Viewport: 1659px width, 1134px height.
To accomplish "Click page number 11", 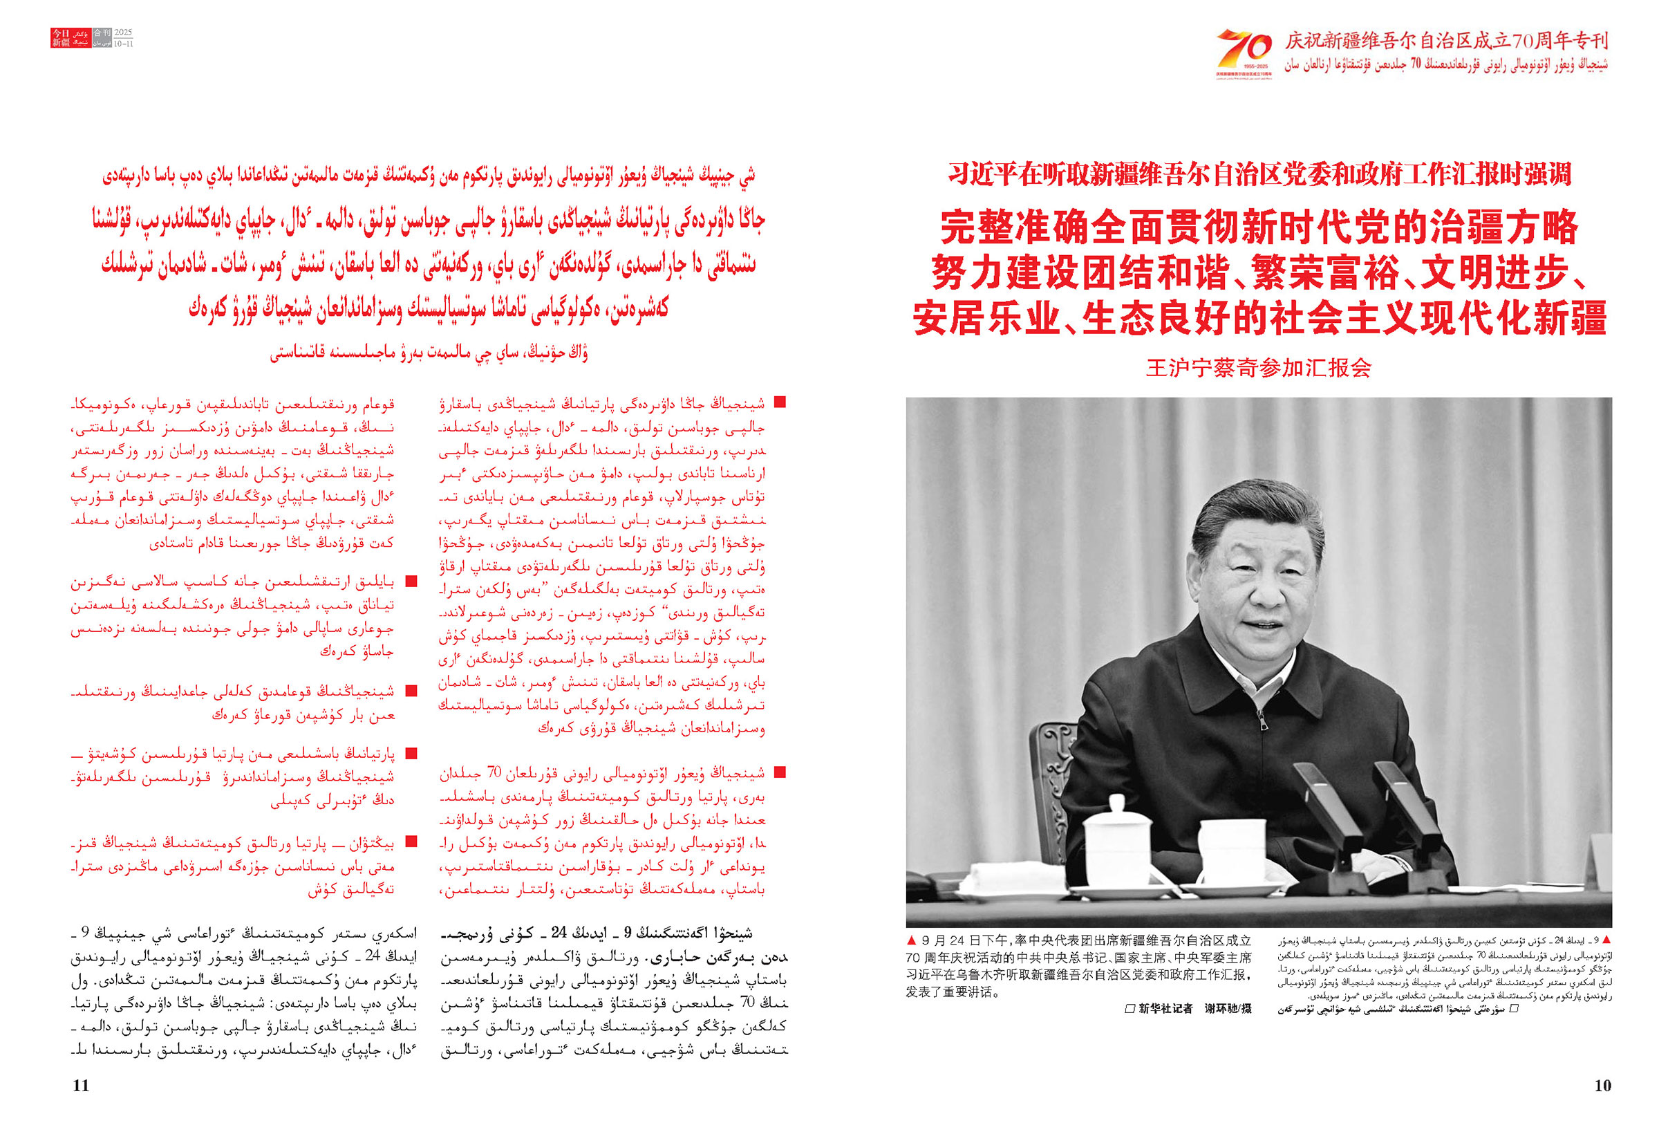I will [x=81, y=1086].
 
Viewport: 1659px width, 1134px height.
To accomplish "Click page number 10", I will [x=1602, y=1086].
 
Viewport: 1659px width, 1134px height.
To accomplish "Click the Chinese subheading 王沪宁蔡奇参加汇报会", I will [x=1259, y=368].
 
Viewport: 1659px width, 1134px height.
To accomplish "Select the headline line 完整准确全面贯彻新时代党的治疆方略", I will [x=1259, y=227].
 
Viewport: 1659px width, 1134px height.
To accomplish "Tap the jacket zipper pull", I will [x=1264, y=723].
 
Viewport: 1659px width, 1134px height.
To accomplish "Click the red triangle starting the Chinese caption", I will [x=911, y=940].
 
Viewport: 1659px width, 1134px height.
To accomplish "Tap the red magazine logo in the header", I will [x=71, y=38].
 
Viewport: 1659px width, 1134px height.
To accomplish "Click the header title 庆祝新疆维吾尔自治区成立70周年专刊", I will [x=1446, y=41].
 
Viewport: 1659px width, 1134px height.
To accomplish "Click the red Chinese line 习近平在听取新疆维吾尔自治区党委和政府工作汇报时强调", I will [x=1259, y=174].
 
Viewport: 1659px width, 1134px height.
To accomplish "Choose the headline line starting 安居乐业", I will [x=1259, y=318].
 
